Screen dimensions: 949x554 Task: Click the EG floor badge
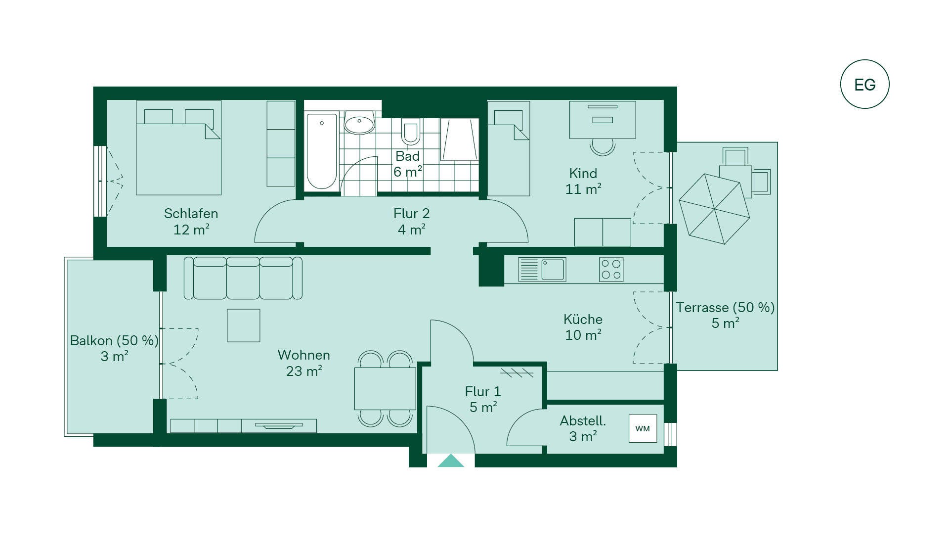(x=864, y=84)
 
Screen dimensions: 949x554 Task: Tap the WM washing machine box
(x=643, y=428)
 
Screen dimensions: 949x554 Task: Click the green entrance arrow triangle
(x=451, y=461)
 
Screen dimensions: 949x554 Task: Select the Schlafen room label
(x=191, y=214)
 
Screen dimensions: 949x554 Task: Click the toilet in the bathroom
(x=411, y=131)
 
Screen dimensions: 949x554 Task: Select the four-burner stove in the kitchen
(x=611, y=270)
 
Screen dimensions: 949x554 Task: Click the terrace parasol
(x=714, y=209)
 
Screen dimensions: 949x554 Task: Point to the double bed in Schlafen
(x=178, y=148)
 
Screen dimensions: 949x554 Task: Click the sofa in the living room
(x=243, y=278)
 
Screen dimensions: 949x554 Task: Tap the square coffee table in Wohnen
(x=244, y=325)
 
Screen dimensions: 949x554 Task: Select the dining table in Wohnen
(x=385, y=388)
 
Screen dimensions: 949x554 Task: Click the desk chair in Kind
(x=603, y=146)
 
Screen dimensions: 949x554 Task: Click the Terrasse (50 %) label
(x=725, y=308)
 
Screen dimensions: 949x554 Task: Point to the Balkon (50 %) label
(x=114, y=341)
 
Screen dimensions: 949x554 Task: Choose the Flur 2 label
(x=412, y=214)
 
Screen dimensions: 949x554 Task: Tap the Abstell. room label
(x=583, y=421)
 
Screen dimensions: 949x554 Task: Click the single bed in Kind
(x=509, y=148)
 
